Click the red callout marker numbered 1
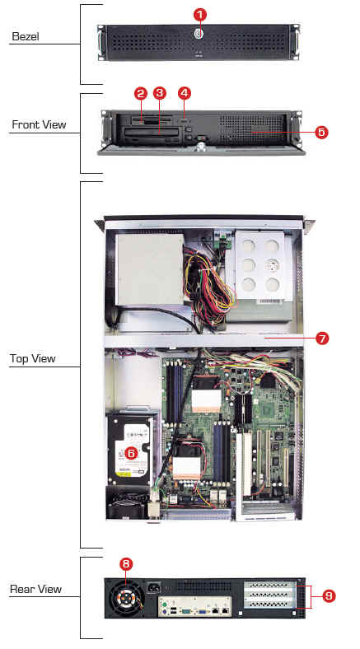pos(200,15)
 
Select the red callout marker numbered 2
pos(141,93)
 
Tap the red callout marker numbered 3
pos(159,93)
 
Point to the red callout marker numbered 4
pos(185,93)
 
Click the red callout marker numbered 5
pos(321,132)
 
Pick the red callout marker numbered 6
pos(131,453)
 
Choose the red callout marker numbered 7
pos(322,339)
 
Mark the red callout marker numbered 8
pos(126,563)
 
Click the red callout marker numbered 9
pos(329,596)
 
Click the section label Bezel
pos(26,36)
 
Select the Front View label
pos(39,124)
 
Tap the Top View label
pos(33,358)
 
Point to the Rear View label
pos(36,589)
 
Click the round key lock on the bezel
pos(199,34)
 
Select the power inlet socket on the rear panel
pos(155,587)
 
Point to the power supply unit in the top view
pos(149,269)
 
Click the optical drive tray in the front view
pos(152,133)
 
